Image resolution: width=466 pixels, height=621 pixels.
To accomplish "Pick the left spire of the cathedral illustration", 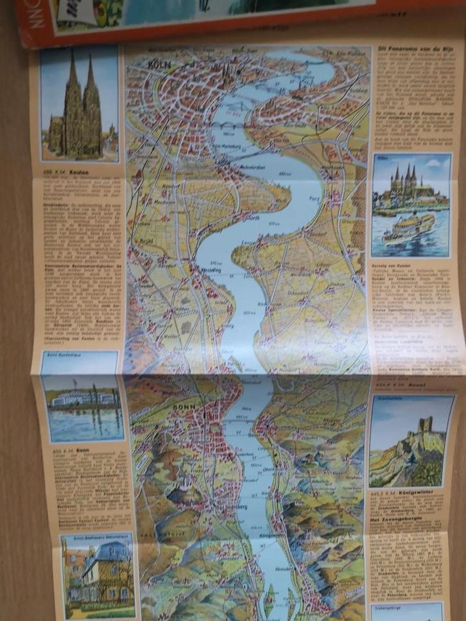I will click(72, 83).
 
